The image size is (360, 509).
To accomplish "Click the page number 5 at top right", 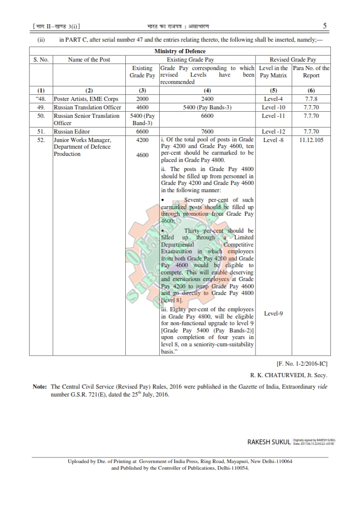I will (325, 26).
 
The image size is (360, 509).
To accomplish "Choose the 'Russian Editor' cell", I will (70, 131).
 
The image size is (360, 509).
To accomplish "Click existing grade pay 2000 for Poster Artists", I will (142, 99).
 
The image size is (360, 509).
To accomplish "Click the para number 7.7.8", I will (311, 99).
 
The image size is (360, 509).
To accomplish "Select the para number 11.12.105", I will (311, 140).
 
